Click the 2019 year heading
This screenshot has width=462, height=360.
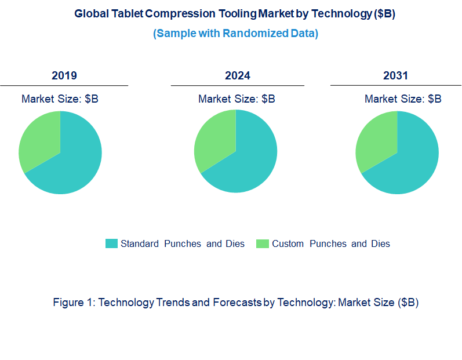[64, 76]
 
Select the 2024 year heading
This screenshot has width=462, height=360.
[238, 76]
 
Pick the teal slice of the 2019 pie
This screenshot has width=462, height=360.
[72, 162]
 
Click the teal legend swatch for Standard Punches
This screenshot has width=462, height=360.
[111, 243]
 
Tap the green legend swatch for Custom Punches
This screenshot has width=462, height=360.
[263, 243]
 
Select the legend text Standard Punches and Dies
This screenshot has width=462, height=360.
[183, 243]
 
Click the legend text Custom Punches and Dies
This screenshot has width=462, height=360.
[331, 243]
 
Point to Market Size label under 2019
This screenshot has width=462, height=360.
[60, 99]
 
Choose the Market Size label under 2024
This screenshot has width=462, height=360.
[237, 99]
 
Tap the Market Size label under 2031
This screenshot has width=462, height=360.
[403, 99]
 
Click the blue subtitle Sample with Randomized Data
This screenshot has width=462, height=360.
[235, 34]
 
